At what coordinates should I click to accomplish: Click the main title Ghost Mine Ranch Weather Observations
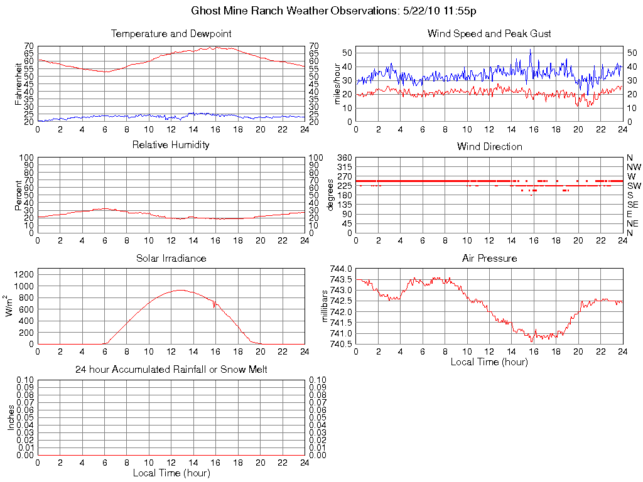click(x=334, y=11)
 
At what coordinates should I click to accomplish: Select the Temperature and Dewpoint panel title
click(x=171, y=33)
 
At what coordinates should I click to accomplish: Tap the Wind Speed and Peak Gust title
click(x=489, y=33)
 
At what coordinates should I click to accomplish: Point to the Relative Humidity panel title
click(x=171, y=145)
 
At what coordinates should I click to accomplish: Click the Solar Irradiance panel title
click(x=171, y=258)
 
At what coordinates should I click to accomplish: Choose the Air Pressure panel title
click(x=489, y=258)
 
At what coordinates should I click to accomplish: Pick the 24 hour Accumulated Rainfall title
click(x=171, y=370)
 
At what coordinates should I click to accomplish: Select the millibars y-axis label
click(x=325, y=306)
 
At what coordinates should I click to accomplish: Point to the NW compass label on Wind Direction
click(x=634, y=167)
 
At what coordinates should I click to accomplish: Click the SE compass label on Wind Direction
click(x=633, y=205)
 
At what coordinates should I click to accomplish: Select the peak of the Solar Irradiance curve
click(x=181, y=289)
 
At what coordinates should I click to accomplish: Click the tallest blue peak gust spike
click(x=531, y=50)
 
